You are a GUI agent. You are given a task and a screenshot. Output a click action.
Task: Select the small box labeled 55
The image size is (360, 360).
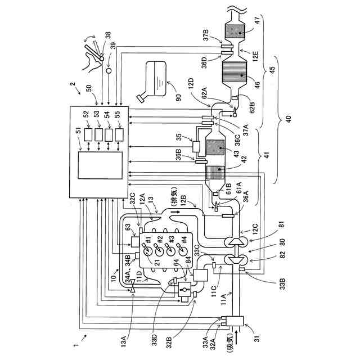118,134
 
